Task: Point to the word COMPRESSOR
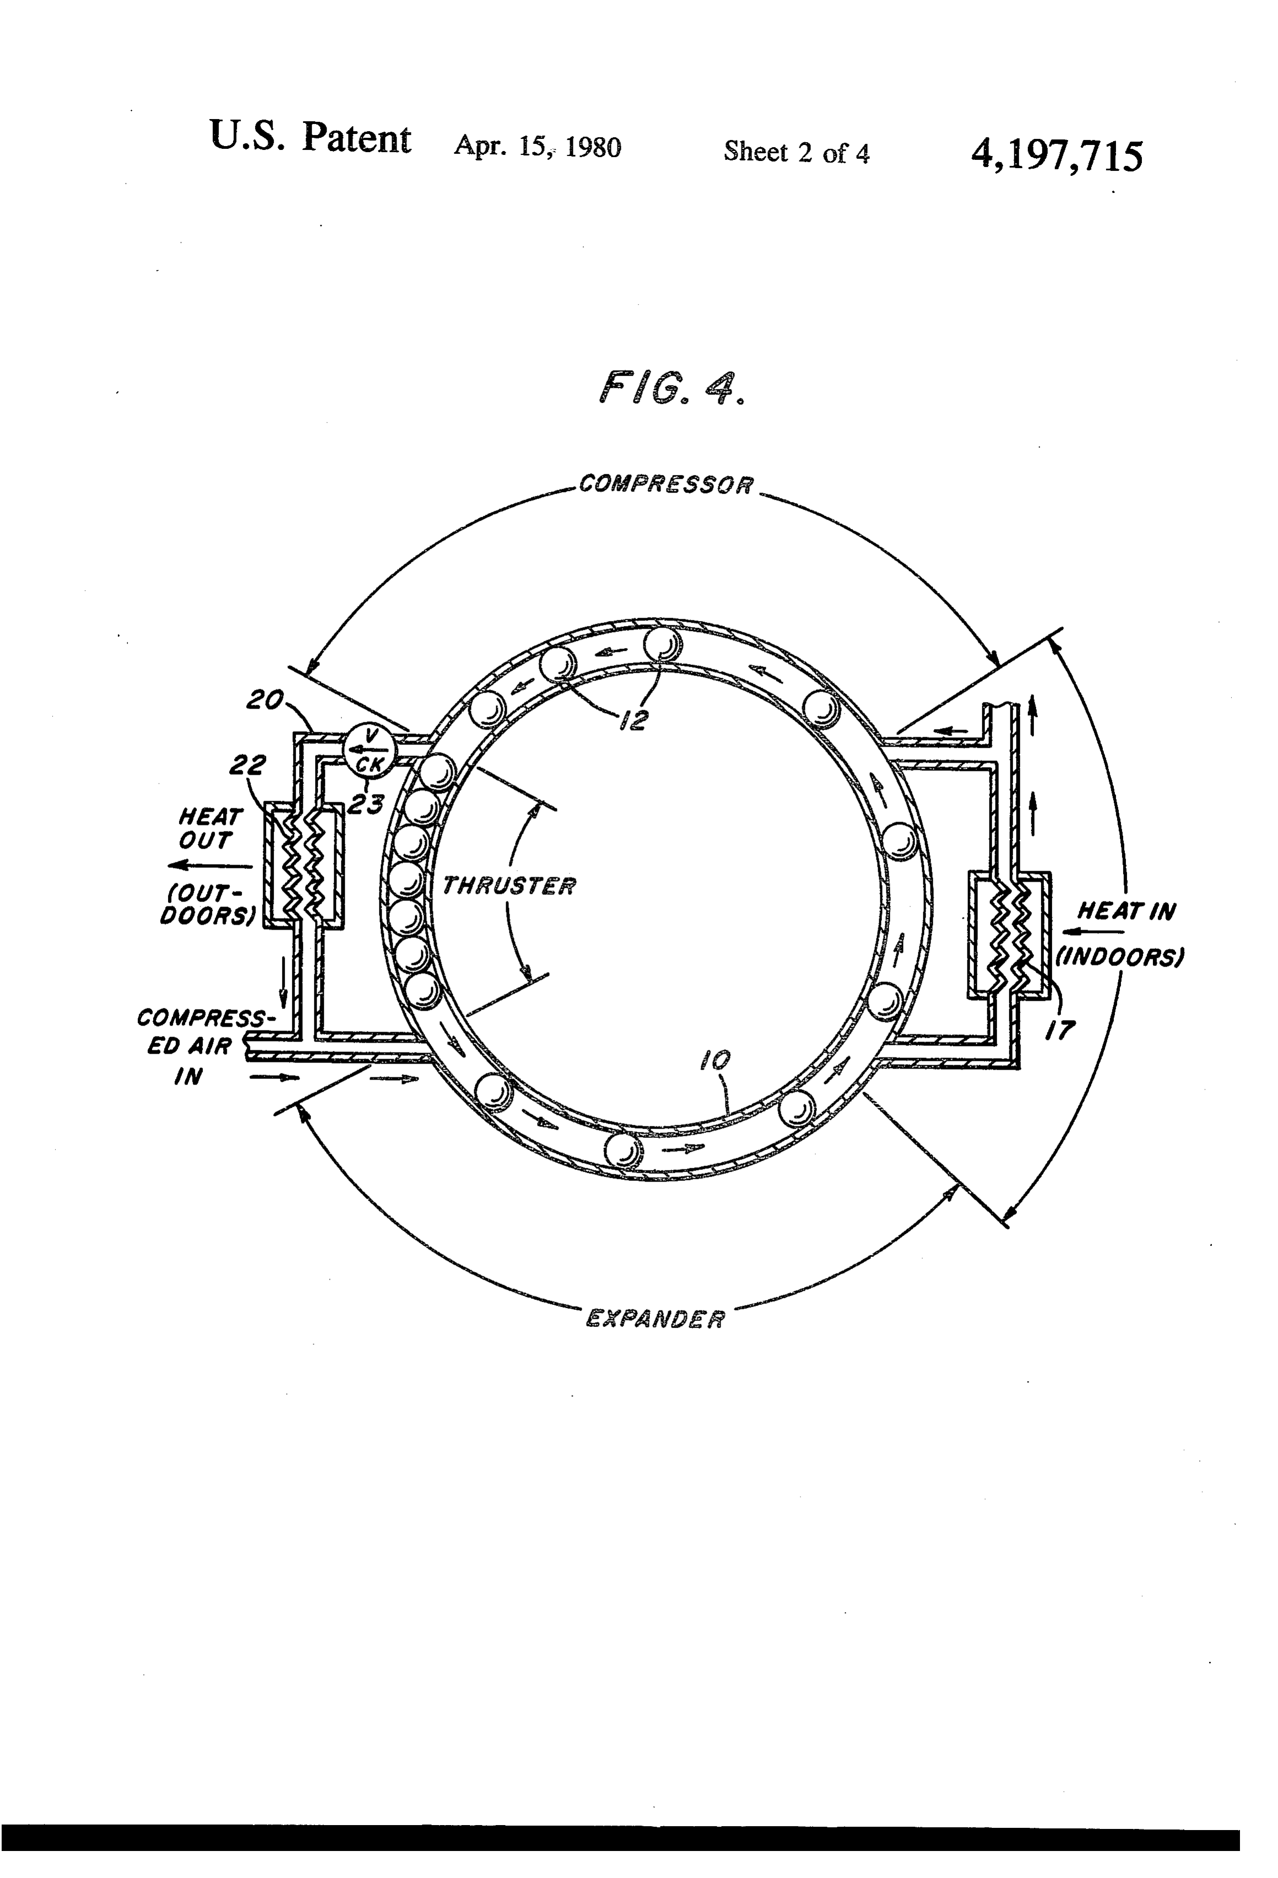click(667, 485)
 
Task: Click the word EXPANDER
click(655, 1318)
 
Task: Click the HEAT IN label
click(1126, 911)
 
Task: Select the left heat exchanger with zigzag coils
click(304, 866)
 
